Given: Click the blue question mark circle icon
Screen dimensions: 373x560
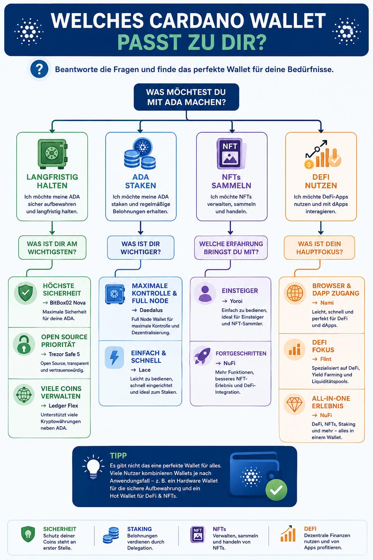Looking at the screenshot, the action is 39,69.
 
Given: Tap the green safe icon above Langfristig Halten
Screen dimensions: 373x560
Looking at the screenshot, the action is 52,154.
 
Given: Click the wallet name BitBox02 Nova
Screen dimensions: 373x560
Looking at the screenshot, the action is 67,303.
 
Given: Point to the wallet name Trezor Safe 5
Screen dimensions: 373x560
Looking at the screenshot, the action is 64,354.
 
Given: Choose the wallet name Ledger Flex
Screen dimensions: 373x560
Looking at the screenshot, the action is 63,406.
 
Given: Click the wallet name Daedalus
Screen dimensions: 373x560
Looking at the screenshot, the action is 151,310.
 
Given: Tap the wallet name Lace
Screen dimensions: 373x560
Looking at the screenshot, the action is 145,370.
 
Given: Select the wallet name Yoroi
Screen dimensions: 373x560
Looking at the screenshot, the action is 236,301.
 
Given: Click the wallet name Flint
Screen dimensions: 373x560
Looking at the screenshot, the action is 326,359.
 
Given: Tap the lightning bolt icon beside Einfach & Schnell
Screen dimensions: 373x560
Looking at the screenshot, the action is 114,357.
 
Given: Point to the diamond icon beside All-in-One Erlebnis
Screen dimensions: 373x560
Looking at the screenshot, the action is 294,404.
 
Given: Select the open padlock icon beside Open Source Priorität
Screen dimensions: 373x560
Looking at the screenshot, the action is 24,344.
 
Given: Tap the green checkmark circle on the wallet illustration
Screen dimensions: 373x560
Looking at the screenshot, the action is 276,490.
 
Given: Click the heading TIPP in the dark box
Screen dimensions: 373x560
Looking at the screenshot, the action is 118,456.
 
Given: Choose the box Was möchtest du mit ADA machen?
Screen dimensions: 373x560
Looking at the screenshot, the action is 186,97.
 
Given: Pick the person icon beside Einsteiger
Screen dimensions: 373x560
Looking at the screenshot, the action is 205,293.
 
